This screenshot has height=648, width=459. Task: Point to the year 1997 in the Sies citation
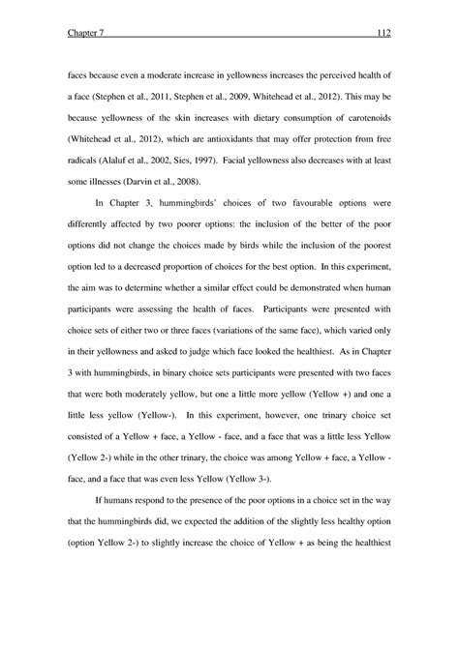pos(205,162)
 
